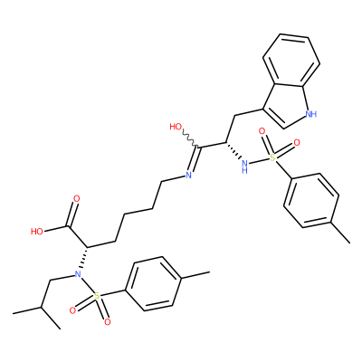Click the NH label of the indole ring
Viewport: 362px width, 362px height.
click(311, 114)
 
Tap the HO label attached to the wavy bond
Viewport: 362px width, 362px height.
click(176, 127)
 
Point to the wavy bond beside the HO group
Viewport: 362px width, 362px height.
click(190, 138)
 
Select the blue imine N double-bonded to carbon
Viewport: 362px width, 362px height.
click(188, 175)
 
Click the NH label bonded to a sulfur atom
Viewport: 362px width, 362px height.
click(245, 166)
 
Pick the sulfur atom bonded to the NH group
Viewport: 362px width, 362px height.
click(273, 157)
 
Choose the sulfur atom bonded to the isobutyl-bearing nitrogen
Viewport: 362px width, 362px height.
click(97, 296)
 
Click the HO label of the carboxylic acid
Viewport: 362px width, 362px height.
click(37, 232)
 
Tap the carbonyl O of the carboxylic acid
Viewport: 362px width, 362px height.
click(77, 199)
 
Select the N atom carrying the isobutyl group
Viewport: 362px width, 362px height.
click(78, 274)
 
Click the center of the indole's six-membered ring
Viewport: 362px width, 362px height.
click(291, 61)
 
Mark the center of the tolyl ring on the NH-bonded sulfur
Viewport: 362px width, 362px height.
click(311, 201)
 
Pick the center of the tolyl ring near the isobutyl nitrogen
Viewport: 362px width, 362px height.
click(153, 284)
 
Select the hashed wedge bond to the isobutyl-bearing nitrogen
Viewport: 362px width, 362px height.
click(83, 259)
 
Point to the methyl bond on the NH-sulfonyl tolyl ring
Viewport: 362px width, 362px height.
click(341, 233)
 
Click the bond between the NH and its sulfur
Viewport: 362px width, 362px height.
click(260, 161)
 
